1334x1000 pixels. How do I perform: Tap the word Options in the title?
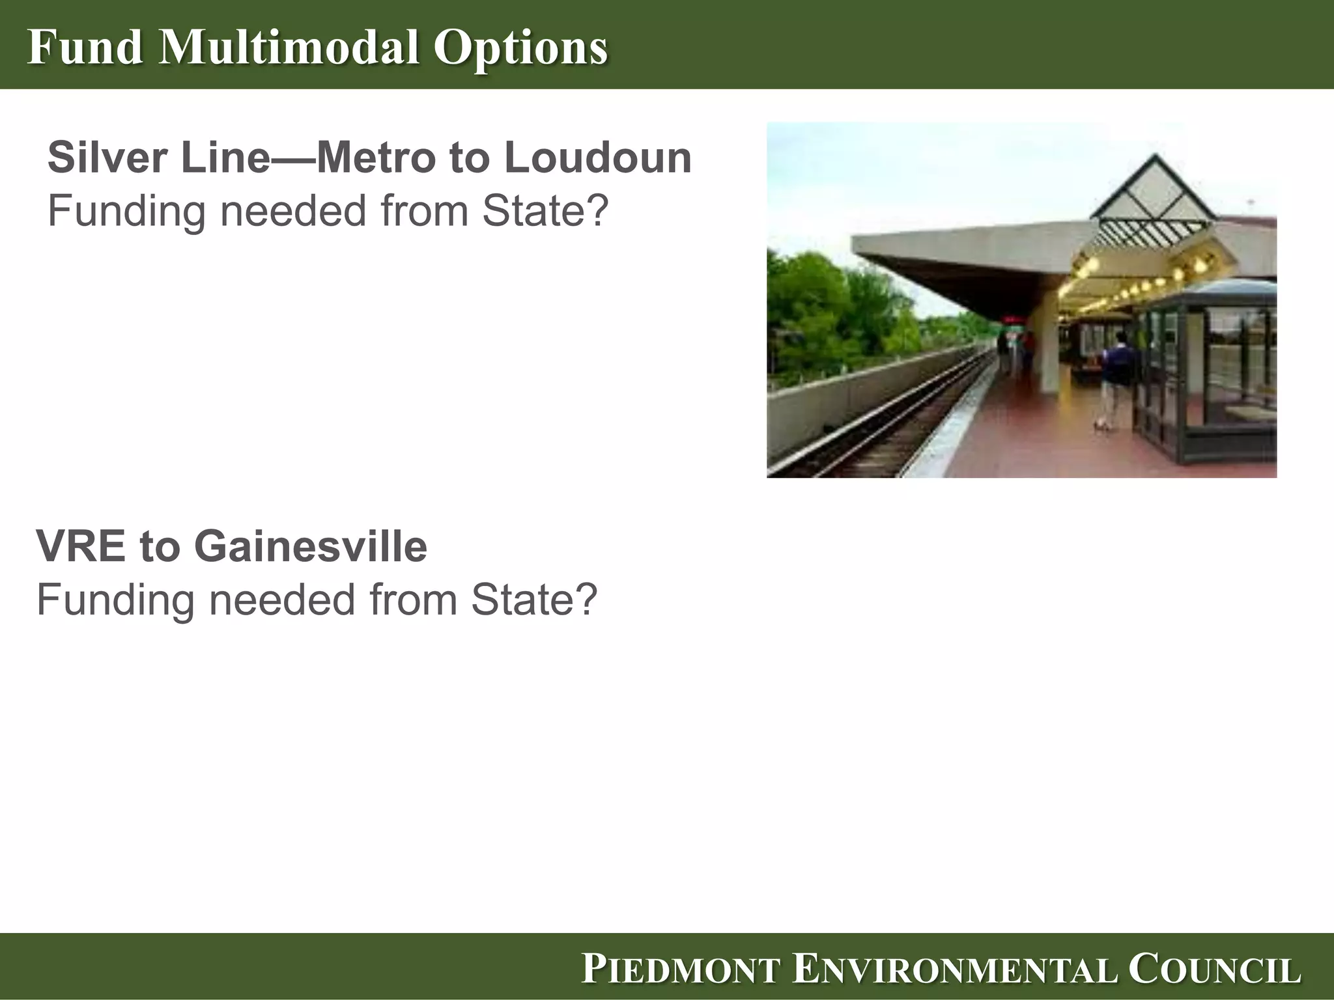[x=521, y=48]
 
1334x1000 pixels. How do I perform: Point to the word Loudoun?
[x=597, y=158]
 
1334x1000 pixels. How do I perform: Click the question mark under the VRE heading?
[x=584, y=599]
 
